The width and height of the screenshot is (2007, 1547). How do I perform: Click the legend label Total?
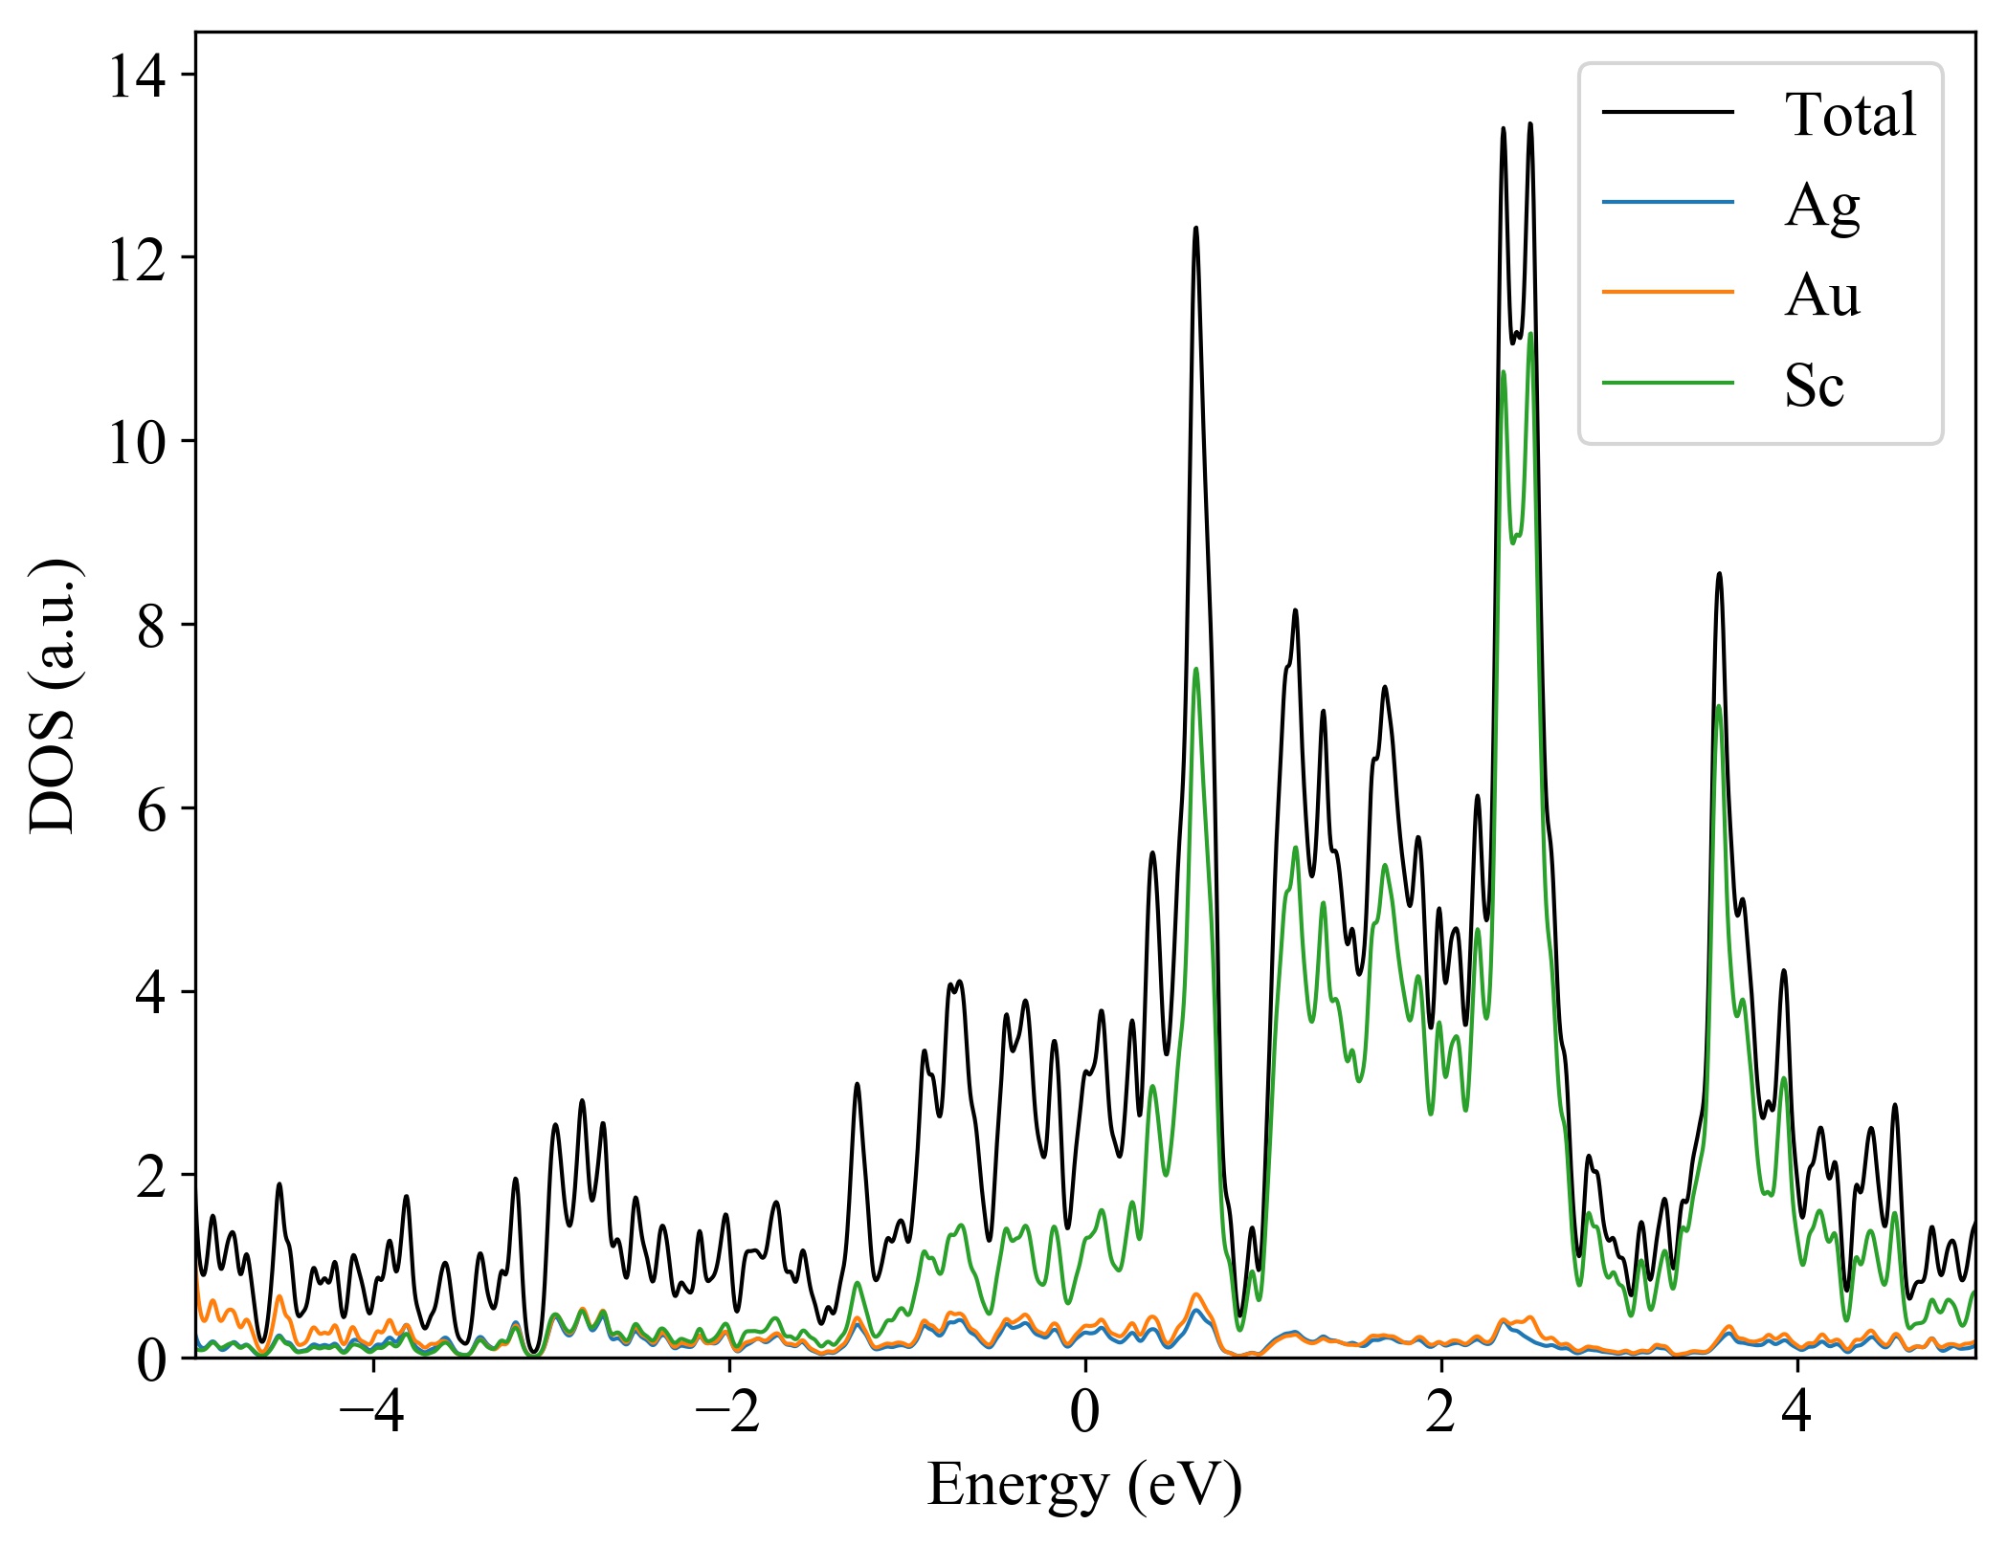1849,115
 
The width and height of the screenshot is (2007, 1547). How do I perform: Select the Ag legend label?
1821,205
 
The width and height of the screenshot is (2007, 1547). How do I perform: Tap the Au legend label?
1821,295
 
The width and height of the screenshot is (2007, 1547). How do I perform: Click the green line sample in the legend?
1667,384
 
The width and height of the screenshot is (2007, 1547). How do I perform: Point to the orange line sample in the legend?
1667,292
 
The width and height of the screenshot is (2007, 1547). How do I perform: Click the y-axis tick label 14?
137,76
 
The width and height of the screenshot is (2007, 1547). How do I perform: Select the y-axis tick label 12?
137,258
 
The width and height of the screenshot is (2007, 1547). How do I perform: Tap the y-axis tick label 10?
137,442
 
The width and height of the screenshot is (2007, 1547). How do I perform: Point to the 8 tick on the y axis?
151,626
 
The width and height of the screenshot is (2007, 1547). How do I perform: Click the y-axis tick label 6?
151,809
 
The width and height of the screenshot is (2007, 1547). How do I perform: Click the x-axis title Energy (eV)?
1084,1487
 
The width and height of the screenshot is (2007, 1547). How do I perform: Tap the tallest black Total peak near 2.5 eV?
1529,124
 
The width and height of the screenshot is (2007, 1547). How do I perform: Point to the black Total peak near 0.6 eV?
1195,229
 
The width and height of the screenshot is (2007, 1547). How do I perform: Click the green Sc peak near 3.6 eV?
1719,707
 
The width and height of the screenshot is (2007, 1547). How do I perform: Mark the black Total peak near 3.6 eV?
1719,574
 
